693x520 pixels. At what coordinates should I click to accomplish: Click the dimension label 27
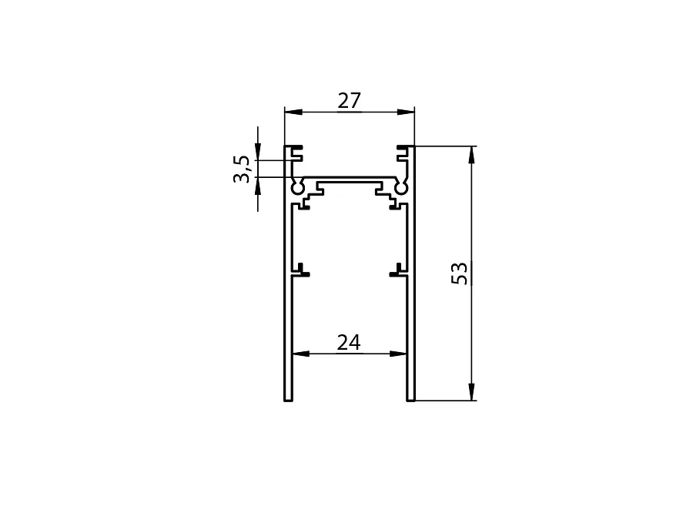click(x=349, y=101)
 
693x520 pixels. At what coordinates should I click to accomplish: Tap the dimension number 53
click(x=459, y=273)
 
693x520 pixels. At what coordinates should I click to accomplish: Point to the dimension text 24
click(x=349, y=343)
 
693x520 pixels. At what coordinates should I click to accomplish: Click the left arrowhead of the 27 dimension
click(x=293, y=112)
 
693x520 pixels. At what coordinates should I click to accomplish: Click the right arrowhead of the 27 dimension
click(x=406, y=112)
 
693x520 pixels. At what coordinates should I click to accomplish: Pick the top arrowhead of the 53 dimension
click(x=471, y=155)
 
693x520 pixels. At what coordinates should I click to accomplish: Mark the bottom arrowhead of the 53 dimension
click(x=471, y=392)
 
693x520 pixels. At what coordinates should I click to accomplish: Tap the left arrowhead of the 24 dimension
click(x=301, y=354)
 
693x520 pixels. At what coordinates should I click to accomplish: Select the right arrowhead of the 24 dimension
click(x=398, y=354)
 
